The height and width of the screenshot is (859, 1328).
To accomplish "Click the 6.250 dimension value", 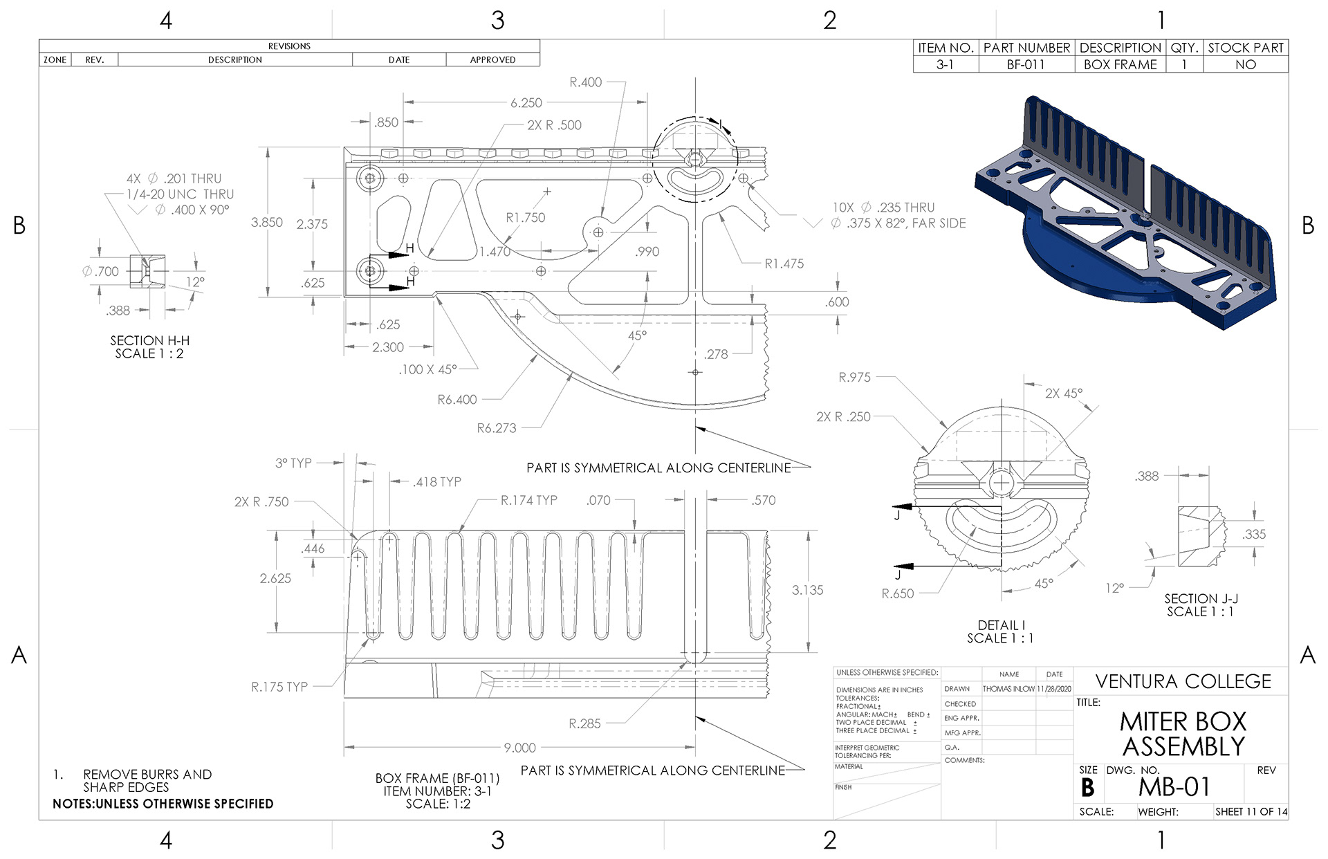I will [526, 103].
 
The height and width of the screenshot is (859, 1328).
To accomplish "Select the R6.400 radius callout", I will [457, 400].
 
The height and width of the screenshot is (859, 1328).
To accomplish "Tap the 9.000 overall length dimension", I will [519, 748].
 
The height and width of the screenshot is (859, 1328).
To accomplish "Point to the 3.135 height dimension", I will [807, 590].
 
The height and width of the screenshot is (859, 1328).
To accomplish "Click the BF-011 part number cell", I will [1026, 64].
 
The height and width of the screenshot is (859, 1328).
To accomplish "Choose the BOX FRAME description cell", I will [1120, 64].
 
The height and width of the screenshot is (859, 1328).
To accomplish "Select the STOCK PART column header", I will [1246, 48].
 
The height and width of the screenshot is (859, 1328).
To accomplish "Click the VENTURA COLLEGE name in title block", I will [1183, 682].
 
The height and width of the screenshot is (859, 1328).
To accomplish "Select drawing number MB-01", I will [1174, 787].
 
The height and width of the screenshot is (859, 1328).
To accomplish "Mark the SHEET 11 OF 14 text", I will [1251, 811].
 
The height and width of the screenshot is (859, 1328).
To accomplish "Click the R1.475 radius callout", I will [784, 264].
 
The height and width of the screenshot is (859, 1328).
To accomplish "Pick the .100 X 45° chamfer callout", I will [427, 369].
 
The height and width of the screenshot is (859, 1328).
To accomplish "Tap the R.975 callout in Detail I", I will [854, 378].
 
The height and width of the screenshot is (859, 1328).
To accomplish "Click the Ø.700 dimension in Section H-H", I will [100, 271].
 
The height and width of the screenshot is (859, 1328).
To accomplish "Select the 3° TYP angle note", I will [293, 463].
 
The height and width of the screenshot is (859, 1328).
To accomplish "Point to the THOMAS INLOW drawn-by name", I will [1008, 689].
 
